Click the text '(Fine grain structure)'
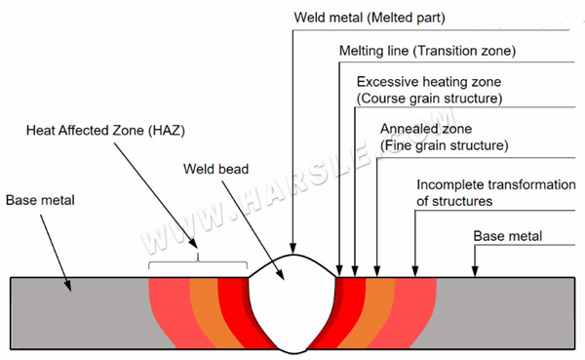tap(444, 145)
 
